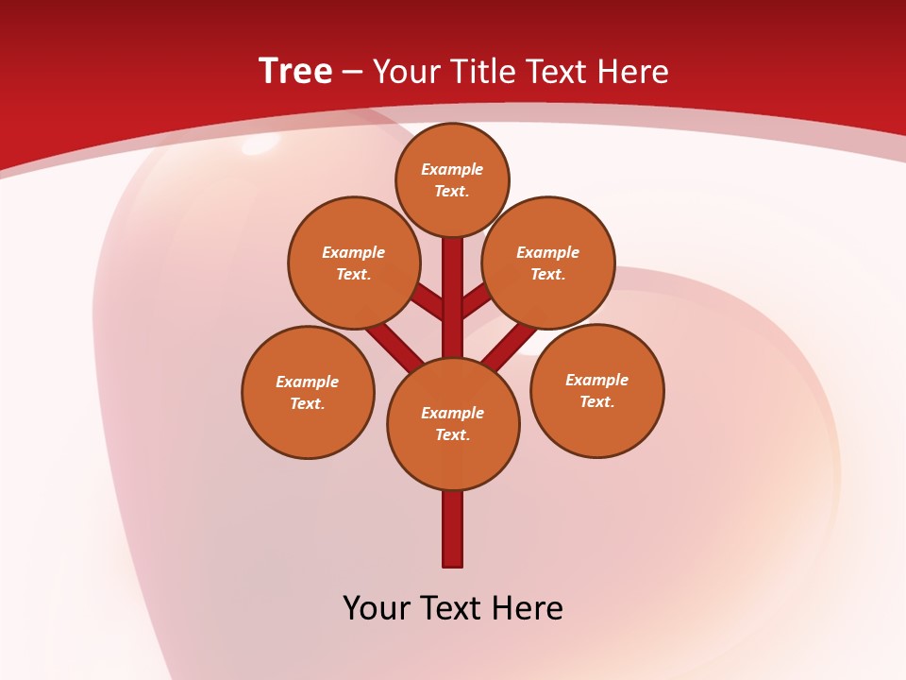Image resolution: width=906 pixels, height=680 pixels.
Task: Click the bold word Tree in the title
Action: coord(295,72)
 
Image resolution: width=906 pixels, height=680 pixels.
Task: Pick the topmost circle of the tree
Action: coord(452,179)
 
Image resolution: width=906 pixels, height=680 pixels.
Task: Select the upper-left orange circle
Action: coord(354,263)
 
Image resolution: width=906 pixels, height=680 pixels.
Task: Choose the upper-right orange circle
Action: coord(548,263)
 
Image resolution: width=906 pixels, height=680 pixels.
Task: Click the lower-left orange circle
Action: coord(308,392)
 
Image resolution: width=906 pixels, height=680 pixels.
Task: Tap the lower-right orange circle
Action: coord(596,390)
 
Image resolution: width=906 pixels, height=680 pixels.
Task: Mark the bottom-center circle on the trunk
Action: coord(453,424)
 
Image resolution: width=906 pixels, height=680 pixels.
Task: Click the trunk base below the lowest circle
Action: coord(453,529)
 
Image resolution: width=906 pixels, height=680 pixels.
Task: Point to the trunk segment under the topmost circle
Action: coord(453,283)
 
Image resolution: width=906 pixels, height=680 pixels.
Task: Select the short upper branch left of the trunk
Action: coord(429,302)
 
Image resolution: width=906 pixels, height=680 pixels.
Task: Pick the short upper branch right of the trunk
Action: coord(476,301)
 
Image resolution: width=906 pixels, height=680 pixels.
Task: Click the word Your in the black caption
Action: coord(377,608)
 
